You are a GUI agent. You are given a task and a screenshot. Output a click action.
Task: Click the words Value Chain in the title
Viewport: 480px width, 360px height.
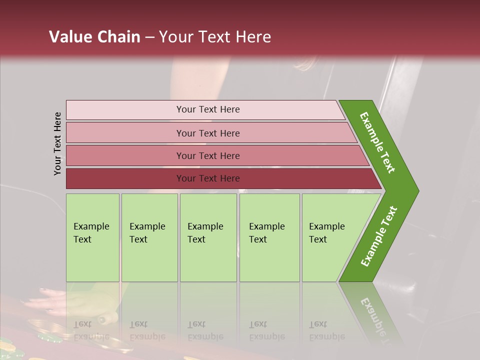pos(94,37)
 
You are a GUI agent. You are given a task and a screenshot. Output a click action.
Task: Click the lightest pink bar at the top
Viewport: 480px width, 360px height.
pos(125,110)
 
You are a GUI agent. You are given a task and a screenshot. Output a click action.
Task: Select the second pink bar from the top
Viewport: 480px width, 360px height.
pos(125,133)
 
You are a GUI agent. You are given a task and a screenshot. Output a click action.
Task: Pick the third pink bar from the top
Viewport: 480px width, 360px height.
pos(125,155)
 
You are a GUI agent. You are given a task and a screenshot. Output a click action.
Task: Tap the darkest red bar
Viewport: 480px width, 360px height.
pos(125,178)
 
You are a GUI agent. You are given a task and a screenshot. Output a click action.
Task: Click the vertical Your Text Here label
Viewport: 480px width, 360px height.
pos(57,143)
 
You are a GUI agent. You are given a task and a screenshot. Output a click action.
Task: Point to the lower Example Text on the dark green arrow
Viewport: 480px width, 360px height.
pos(379,236)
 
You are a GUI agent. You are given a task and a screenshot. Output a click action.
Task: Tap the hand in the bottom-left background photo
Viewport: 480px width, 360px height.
pos(45,302)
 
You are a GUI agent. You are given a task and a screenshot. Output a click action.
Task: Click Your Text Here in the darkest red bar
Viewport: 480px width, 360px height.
pos(208,178)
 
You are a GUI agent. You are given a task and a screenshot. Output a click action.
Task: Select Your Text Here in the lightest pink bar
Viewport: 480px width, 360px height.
pos(208,109)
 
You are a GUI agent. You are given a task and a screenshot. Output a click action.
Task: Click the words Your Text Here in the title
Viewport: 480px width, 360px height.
pos(215,37)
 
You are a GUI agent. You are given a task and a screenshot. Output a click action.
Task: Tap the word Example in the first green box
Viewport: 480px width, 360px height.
pos(91,226)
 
